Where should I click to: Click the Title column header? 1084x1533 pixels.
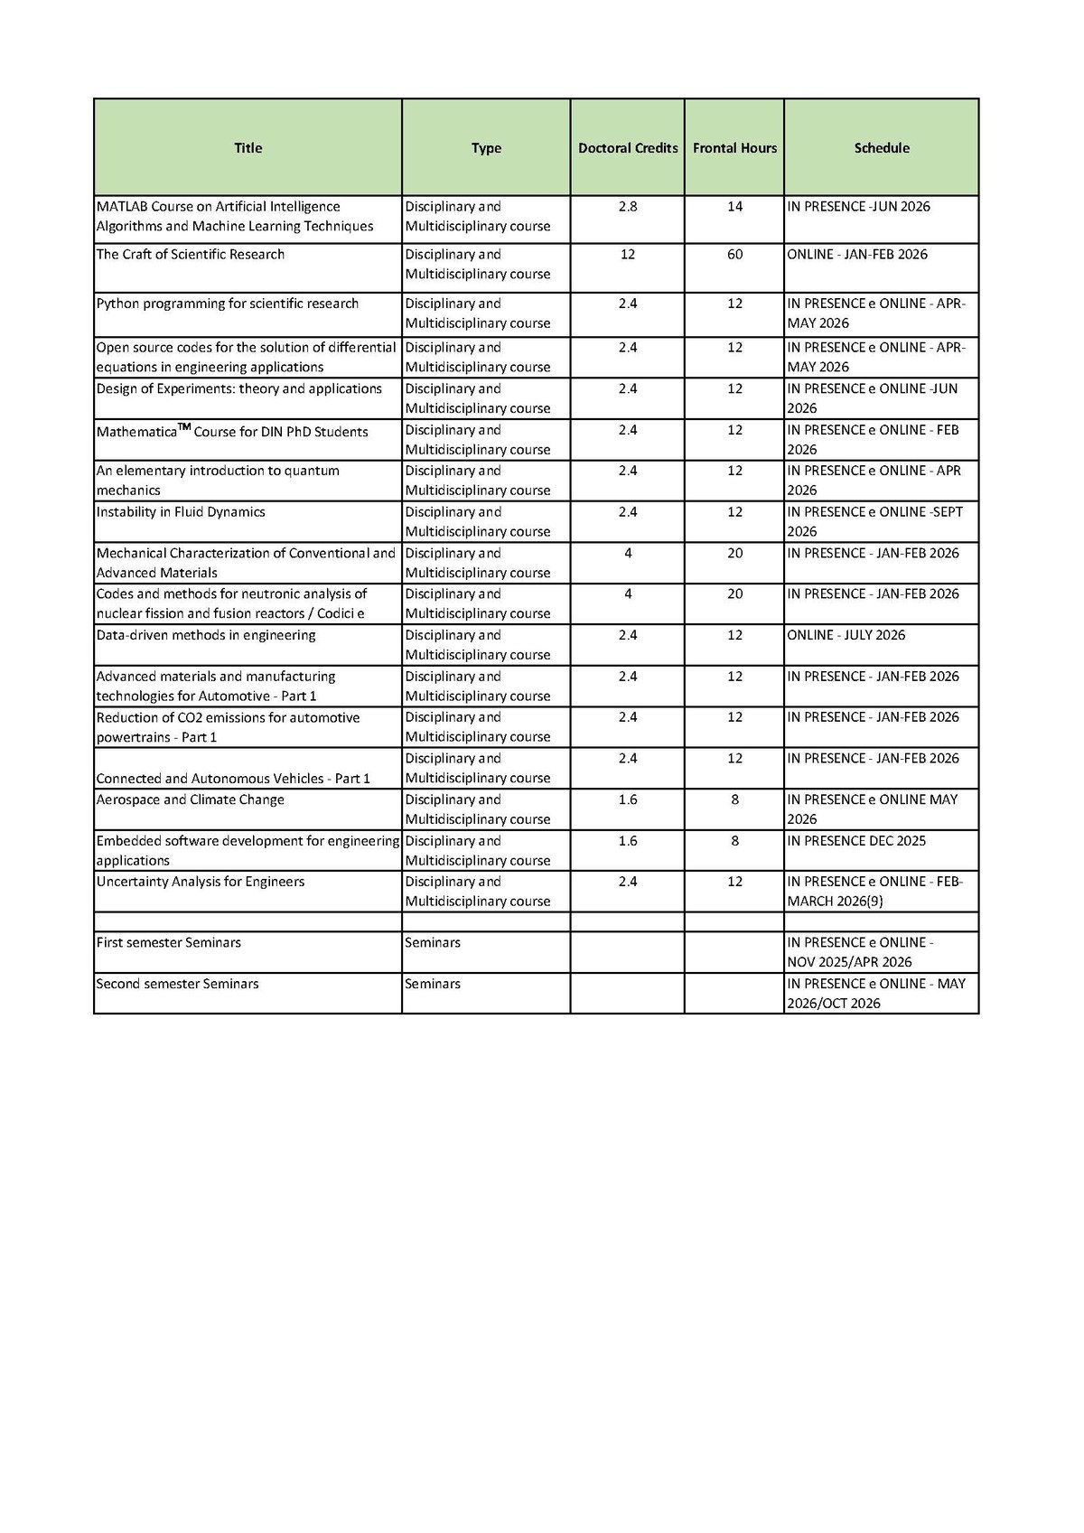[x=248, y=148]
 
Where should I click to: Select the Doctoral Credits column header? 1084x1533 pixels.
[x=628, y=148]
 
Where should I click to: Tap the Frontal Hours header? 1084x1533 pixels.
[x=734, y=148]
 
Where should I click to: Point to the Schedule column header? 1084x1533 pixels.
[x=882, y=148]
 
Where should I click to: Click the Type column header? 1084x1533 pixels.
[x=486, y=148]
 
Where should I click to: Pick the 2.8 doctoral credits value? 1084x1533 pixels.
[x=628, y=207]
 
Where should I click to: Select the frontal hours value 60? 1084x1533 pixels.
[x=734, y=255]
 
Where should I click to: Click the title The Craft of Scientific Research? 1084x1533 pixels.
[x=191, y=255]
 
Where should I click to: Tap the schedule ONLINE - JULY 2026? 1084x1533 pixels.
[x=846, y=635]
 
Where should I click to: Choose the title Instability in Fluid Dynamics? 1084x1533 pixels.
[x=181, y=512]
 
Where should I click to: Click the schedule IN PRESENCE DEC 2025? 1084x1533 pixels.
[x=856, y=841]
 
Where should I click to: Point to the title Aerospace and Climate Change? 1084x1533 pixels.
[x=191, y=799]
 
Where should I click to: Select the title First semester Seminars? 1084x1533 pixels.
[x=169, y=943]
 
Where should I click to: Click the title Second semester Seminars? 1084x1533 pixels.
[x=178, y=984]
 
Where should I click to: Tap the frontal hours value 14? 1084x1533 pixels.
[x=734, y=207]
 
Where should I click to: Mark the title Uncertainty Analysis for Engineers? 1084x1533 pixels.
[x=201, y=882]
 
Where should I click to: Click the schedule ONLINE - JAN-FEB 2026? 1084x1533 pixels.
[x=857, y=255]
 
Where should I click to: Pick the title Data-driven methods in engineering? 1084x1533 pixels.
[x=206, y=635]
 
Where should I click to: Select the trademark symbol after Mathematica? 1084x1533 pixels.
[x=184, y=427]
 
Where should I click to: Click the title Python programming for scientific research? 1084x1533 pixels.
[x=228, y=304]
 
